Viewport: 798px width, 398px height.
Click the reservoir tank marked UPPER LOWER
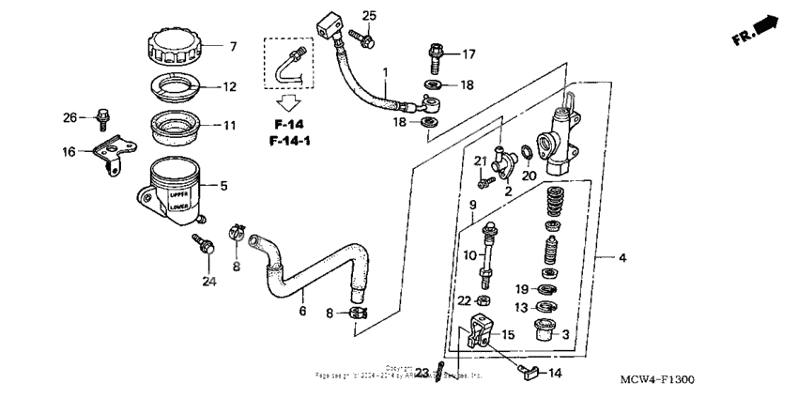tap(176, 187)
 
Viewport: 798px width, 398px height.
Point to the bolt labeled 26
tap(101, 117)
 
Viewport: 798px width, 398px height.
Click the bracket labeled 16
tap(114, 153)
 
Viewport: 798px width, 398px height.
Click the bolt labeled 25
tap(362, 38)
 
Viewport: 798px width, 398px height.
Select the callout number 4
tap(622, 256)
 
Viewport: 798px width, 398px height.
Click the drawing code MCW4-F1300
tap(658, 379)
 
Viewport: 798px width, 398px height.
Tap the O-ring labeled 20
tap(529, 152)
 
